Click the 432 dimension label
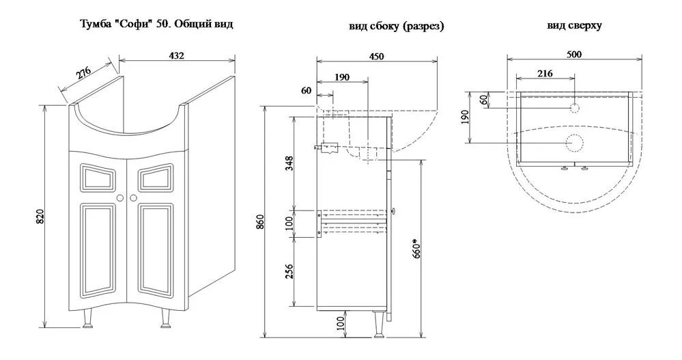pos(176,56)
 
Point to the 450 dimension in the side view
pos(376,56)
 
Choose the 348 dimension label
pos(289,163)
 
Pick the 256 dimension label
pos(289,271)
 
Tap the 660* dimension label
pos(416,247)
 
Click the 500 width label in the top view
pos(573,55)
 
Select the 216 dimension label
pos(545,74)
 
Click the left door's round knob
pos(120,198)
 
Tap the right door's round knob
pos(134,198)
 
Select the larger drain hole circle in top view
pos(574,142)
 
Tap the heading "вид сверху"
pos(574,25)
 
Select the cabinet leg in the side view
pos(378,323)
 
